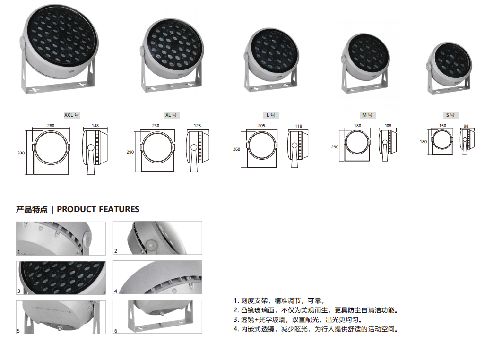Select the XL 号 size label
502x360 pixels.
pos(171,115)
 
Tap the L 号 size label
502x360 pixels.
pos(271,115)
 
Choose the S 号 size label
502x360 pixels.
pos(450,115)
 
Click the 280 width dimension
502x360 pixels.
pos(51,126)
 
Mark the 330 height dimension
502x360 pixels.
pos(21,153)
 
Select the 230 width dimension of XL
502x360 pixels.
pos(156,126)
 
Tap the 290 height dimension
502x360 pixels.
pos(130,152)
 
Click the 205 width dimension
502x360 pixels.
pos(261,126)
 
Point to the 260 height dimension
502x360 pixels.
pos(236,149)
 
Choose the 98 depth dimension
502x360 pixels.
pos(466,126)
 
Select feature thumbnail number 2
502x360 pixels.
pos(157,238)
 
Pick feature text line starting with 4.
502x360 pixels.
pos(315,329)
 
